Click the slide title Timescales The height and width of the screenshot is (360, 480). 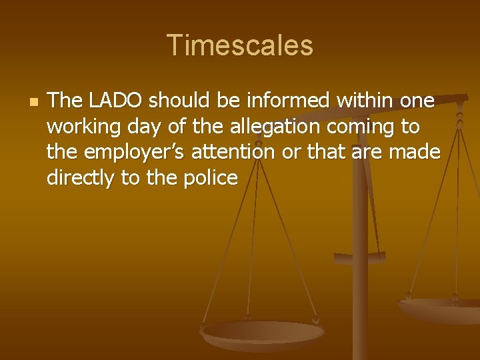pyautogui.click(x=240, y=45)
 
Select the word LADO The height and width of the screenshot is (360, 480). pyautogui.click(x=111, y=101)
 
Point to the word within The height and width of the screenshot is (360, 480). pyautogui.click(x=366, y=101)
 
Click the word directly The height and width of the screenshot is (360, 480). pyautogui.click(x=78, y=179)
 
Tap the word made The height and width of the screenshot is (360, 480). pyautogui.click(x=415, y=153)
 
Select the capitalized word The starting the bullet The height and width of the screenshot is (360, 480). pyautogui.click(x=64, y=101)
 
